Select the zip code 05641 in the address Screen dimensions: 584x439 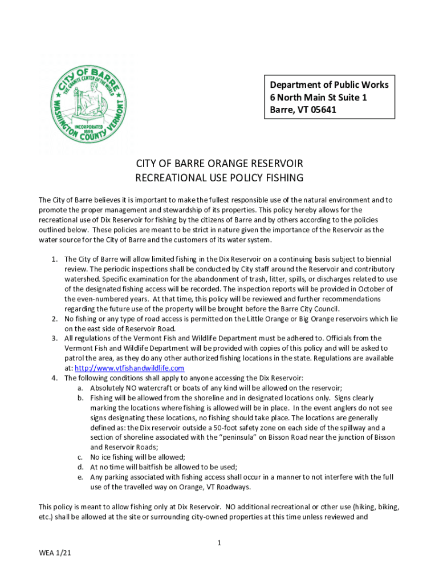[323, 109]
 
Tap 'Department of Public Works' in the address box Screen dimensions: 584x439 [329, 84]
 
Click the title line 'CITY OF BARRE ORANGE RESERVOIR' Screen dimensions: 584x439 [219, 163]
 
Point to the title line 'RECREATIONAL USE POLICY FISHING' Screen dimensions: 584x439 [219, 178]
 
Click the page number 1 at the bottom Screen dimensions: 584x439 [219, 542]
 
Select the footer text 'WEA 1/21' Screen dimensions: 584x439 [55, 553]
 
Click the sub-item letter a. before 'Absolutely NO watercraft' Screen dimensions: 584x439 [80, 388]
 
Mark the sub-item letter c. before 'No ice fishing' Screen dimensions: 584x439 [80, 457]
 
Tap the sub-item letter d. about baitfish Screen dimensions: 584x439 [80, 467]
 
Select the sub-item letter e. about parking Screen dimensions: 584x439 [80, 477]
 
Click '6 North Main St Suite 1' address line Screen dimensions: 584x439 [318, 97]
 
